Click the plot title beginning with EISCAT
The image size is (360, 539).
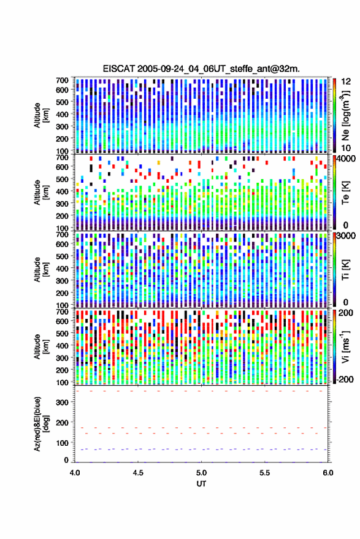point(201,69)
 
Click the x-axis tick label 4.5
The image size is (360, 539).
point(138,473)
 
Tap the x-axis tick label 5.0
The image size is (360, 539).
point(201,473)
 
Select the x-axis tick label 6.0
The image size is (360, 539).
point(328,473)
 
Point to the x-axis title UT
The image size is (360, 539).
point(201,484)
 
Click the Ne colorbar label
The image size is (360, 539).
point(345,115)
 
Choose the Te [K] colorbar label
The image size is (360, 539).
point(345,193)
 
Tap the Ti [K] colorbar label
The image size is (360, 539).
point(345,270)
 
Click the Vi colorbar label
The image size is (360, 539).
point(345,346)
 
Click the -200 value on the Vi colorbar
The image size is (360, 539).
point(345,379)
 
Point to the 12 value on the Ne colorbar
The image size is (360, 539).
point(345,82)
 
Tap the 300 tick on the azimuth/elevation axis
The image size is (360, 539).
point(62,402)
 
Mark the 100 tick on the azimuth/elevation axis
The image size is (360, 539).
point(62,443)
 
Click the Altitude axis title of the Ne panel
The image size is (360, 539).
point(41,115)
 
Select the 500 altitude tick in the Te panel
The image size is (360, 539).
point(62,179)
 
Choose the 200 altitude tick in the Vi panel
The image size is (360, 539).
point(62,370)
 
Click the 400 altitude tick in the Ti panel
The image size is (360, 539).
point(62,269)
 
